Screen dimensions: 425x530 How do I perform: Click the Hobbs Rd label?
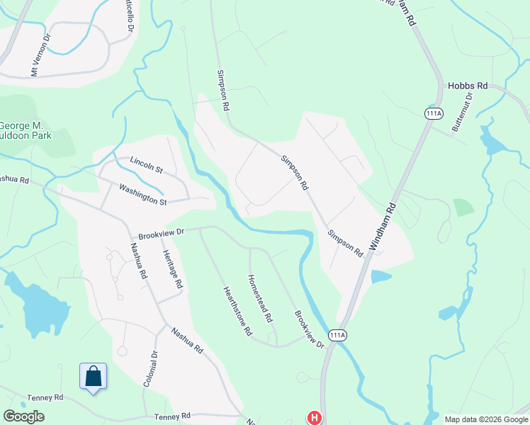coord(468,86)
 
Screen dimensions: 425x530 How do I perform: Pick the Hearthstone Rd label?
coord(238,311)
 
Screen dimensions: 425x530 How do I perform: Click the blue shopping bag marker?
coord(94,377)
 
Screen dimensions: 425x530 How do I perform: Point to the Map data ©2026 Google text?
coord(485,419)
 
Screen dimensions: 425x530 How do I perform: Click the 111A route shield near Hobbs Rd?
coord(434,113)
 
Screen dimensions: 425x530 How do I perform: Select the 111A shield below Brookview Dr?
coord(338,335)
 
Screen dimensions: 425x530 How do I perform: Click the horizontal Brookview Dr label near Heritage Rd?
coord(162,232)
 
